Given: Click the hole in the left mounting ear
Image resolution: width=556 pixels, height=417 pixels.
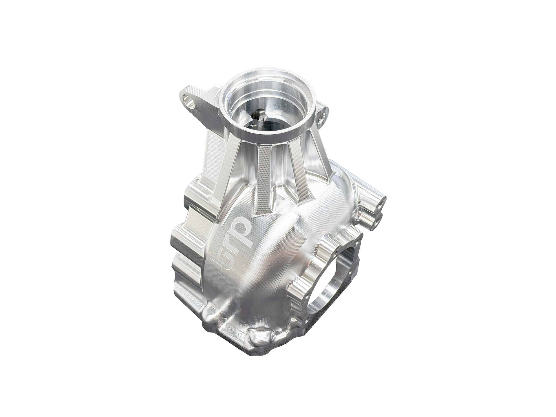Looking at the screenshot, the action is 189,101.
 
